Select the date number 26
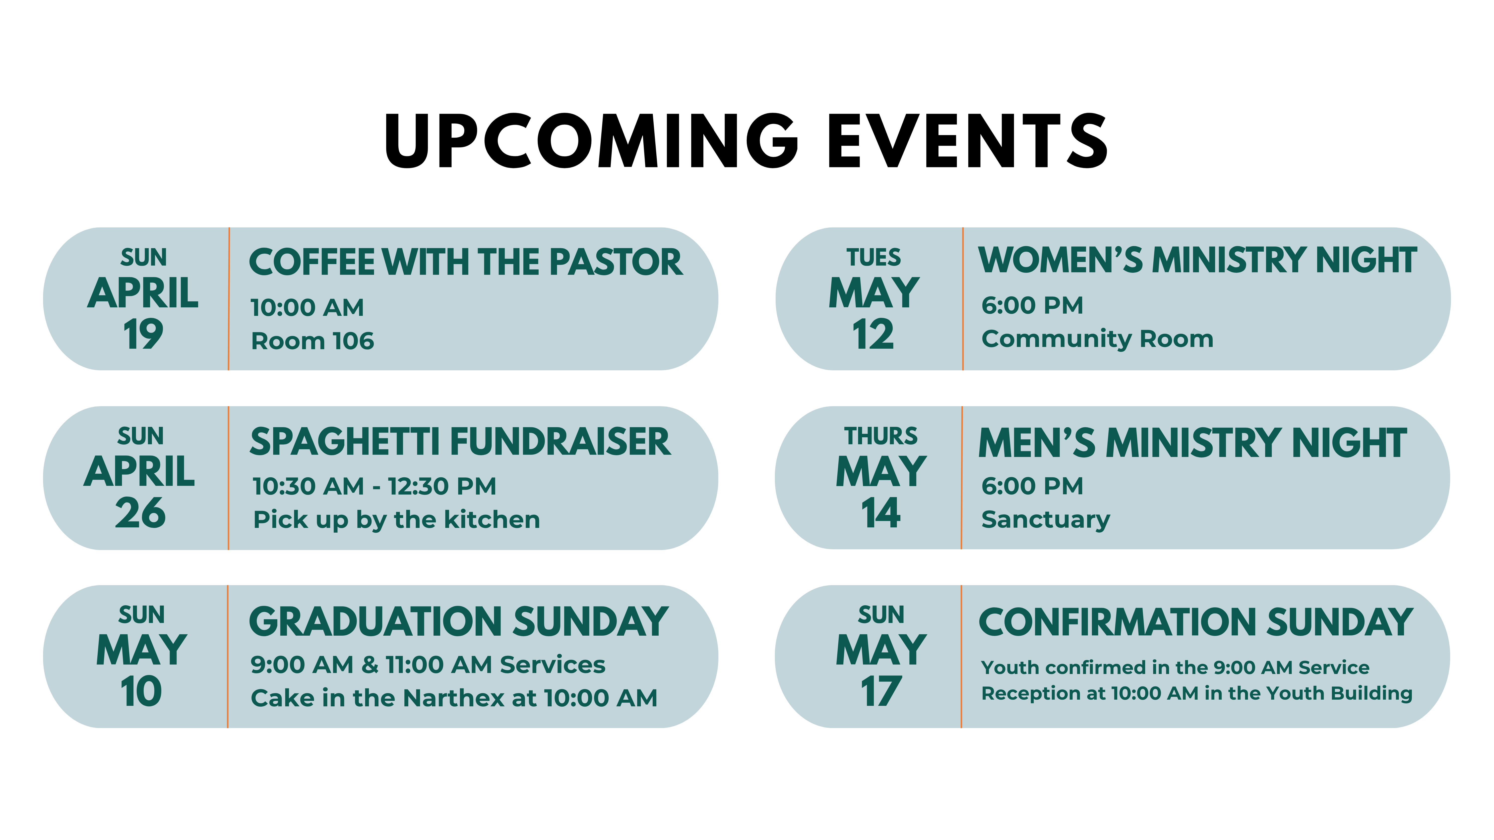140,513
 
